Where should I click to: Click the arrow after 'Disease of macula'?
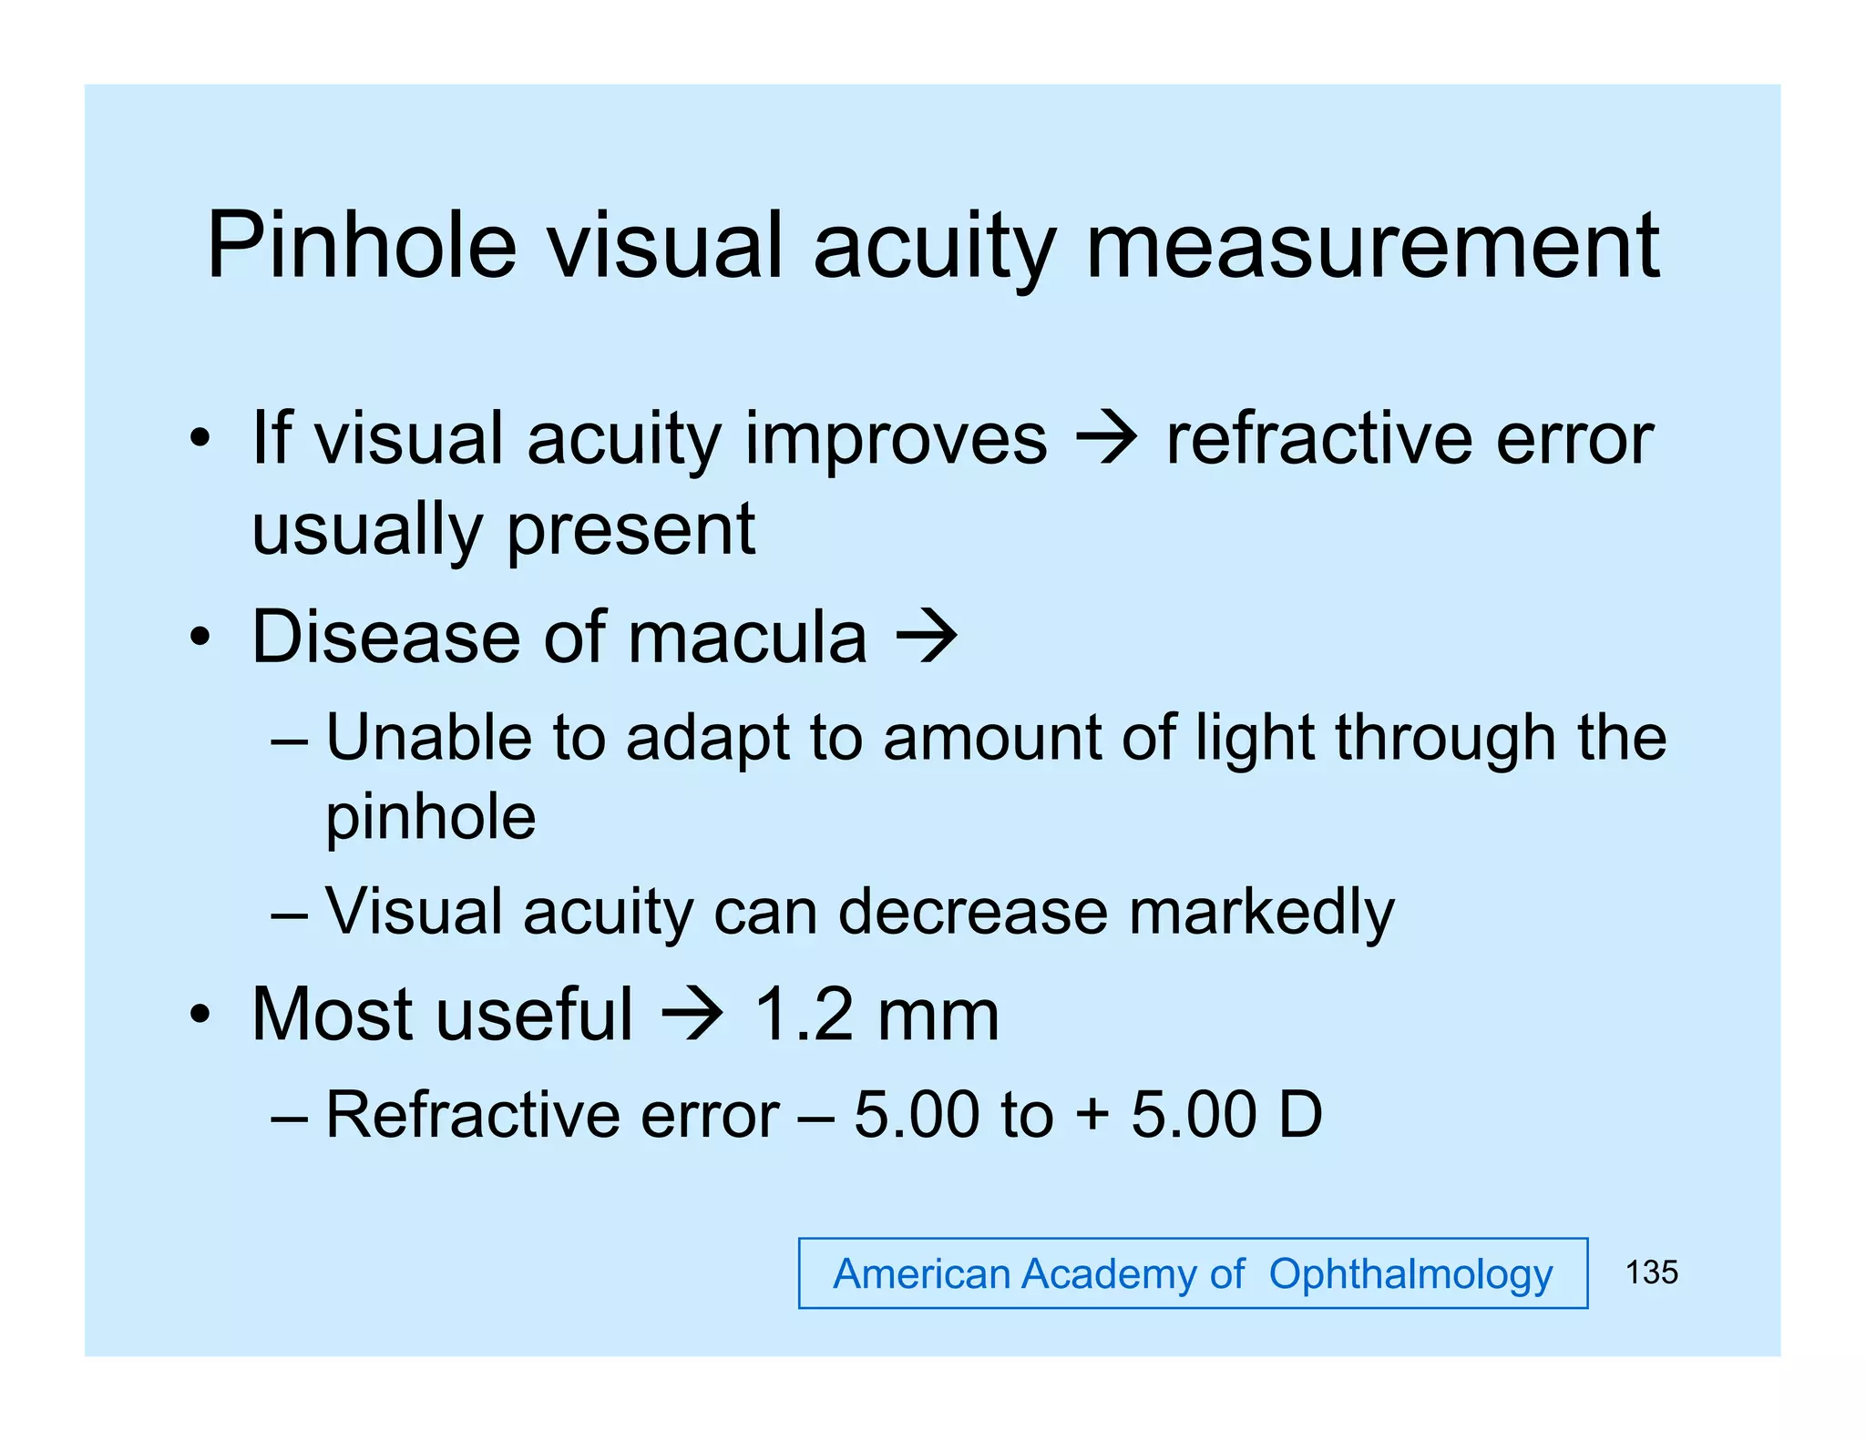click(927, 637)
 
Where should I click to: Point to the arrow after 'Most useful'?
click(692, 1014)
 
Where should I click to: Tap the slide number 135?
click(1651, 1272)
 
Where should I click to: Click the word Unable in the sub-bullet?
click(428, 737)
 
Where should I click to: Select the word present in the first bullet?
click(631, 529)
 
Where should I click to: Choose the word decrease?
click(972, 912)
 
